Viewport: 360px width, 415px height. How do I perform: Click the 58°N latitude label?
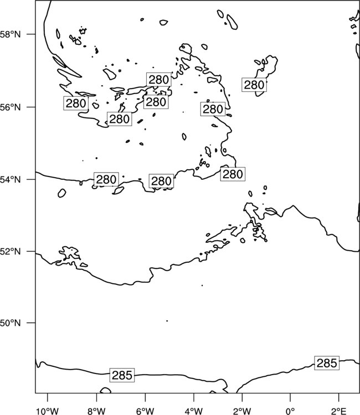pos(10,34)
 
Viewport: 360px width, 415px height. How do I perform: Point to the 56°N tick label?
pos(10,107)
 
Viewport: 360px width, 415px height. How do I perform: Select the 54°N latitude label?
pos(10,179)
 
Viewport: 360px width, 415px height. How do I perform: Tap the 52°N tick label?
pos(10,251)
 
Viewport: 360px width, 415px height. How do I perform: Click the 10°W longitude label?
pos(48,411)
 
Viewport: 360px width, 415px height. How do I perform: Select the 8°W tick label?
pos(96,411)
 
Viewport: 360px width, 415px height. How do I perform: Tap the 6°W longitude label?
pos(145,411)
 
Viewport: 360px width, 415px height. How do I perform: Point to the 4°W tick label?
pos(194,411)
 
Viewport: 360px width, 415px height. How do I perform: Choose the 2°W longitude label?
pos(242,411)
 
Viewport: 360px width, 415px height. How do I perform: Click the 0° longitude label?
pos(290,411)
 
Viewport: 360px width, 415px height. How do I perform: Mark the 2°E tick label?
pos(338,411)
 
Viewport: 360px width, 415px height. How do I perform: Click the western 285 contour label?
pos(122,375)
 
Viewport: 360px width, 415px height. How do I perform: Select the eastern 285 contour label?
pos(327,363)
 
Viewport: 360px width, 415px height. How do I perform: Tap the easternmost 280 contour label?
pos(254,85)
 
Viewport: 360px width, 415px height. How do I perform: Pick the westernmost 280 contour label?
pos(76,103)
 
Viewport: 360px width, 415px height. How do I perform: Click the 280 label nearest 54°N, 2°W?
pos(233,174)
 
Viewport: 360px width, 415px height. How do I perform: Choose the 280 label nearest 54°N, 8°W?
pos(106,179)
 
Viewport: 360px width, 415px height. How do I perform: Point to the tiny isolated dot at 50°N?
pos(167,321)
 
